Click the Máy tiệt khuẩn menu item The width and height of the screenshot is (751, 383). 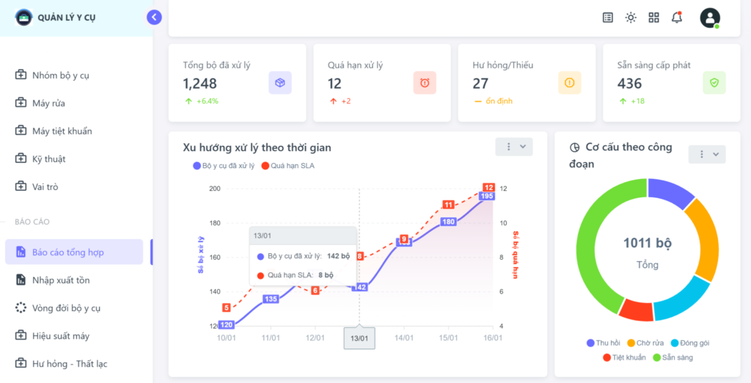tap(62, 131)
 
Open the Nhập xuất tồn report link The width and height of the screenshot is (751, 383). tap(60, 280)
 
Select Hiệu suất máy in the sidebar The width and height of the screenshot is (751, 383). tap(60, 335)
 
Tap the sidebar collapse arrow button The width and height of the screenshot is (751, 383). tap(154, 17)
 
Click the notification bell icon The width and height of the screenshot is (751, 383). tap(676, 18)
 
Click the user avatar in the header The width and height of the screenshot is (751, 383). tap(710, 18)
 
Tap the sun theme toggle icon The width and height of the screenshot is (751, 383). tap(631, 18)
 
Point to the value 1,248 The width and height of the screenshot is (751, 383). tap(200, 84)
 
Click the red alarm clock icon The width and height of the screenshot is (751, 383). tap(425, 83)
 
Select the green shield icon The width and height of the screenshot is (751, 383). tap(714, 83)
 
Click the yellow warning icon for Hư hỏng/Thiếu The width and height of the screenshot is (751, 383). tap(570, 83)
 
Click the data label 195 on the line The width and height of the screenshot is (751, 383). tap(487, 196)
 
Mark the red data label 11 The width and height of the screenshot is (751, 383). tap(448, 205)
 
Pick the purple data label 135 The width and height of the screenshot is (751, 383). tap(271, 299)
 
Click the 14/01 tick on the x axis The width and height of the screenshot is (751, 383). tap(403, 338)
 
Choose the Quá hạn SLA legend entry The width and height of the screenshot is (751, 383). tap(287, 166)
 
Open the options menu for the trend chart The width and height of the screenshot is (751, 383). tap(513, 147)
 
